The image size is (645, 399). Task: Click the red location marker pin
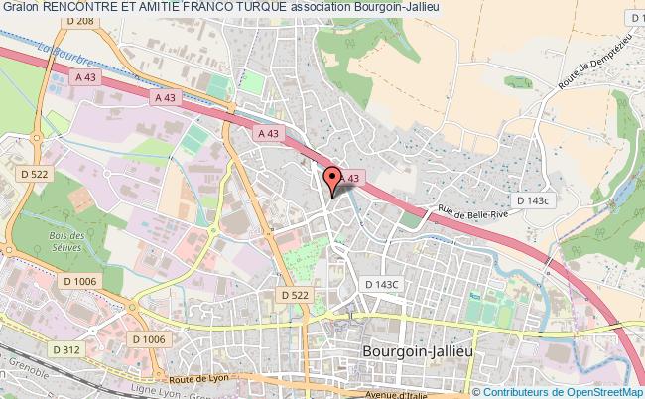332,177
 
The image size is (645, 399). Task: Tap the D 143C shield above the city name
381,285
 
